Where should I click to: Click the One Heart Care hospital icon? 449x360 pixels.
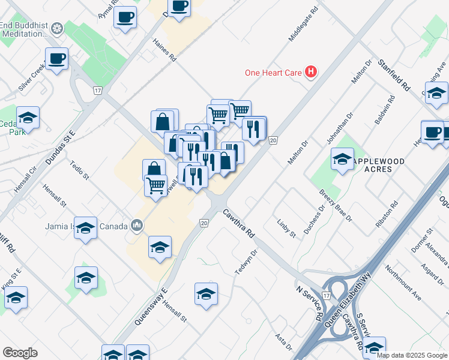point(311,73)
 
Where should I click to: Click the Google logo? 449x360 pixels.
point(20,353)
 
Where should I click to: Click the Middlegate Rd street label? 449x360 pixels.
point(303,26)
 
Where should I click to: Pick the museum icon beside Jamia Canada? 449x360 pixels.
point(137,226)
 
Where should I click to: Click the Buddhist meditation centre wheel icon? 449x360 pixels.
point(57,28)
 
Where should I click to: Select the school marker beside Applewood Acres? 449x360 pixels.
point(342,158)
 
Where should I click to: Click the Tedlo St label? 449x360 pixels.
point(79,170)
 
